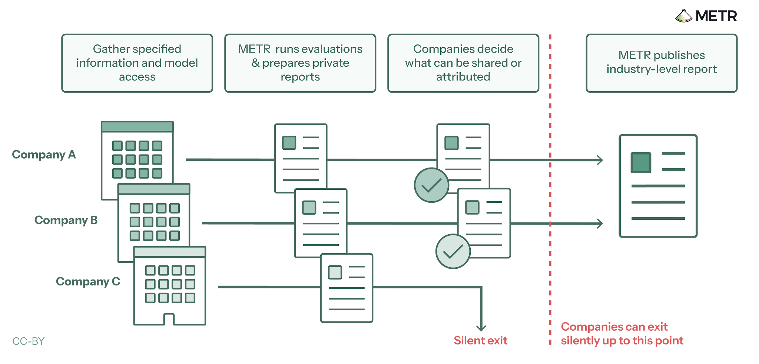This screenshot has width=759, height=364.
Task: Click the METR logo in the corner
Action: pyautogui.click(x=706, y=16)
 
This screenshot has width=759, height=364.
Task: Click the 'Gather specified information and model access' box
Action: pyautogui.click(x=137, y=63)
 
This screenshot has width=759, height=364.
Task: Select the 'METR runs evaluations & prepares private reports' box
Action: pyautogui.click(x=300, y=63)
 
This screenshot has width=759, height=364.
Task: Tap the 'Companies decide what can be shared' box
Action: pyautogui.click(x=463, y=63)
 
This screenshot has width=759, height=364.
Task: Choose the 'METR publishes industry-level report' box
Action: pyautogui.click(x=662, y=63)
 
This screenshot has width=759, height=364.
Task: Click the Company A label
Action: pyautogui.click(x=44, y=155)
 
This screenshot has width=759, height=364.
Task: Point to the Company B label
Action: pyautogui.click(x=66, y=220)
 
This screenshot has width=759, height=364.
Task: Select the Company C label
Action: pyautogui.click(x=88, y=282)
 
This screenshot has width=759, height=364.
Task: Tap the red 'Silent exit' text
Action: pyautogui.click(x=481, y=340)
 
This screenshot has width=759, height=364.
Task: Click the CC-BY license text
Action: pyautogui.click(x=28, y=341)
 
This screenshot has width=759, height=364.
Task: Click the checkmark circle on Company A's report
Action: pyautogui.click(x=431, y=185)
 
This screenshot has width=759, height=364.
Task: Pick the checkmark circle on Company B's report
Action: pyautogui.click(x=453, y=251)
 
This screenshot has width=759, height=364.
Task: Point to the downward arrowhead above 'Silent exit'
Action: pyautogui.click(x=481, y=328)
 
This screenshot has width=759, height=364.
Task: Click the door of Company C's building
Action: pyautogui.click(x=169, y=319)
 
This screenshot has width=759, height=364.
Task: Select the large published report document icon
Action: pyautogui.click(x=658, y=186)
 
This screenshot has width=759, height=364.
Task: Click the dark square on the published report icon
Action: pyautogui.click(x=641, y=163)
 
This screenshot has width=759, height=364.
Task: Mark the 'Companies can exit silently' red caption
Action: pyautogui.click(x=622, y=334)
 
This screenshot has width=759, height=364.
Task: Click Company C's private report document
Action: pyautogui.click(x=347, y=288)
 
